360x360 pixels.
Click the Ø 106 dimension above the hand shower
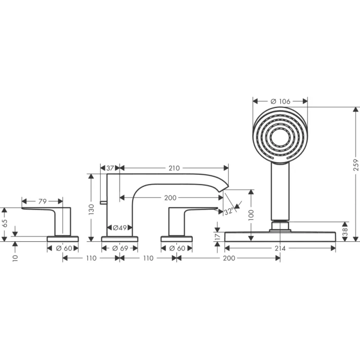point(280,101)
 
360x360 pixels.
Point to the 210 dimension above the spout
point(174,168)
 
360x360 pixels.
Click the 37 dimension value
point(110,168)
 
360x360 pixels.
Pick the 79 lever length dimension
point(42,201)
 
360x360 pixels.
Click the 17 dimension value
point(218,236)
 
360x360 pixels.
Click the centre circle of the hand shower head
point(280,137)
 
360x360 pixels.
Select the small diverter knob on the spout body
point(103,203)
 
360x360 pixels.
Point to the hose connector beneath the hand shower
point(280,225)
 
